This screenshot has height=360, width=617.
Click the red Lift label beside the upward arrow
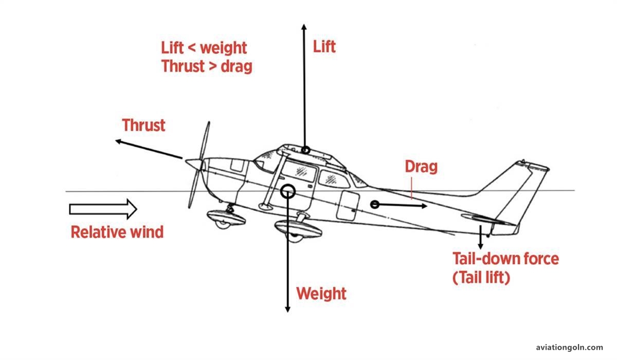(x=324, y=47)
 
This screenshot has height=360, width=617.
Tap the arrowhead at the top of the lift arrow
(x=304, y=27)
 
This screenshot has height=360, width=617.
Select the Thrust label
(x=143, y=125)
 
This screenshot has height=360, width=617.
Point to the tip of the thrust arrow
(x=116, y=141)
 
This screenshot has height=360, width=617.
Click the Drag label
(x=421, y=167)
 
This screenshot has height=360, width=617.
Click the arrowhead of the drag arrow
(x=425, y=206)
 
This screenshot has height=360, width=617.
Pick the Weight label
(x=321, y=294)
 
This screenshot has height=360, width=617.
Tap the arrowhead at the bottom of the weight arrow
(x=287, y=309)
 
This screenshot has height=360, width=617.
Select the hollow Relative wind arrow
(x=103, y=209)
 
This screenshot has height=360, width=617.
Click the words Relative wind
(x=117, y=232)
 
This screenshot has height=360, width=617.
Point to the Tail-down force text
(x=506, y=259)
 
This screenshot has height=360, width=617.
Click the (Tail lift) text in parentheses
(x=481, y=278)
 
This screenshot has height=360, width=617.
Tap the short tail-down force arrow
(x=480, y=237)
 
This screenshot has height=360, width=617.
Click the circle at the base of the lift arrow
(x=305, y=150)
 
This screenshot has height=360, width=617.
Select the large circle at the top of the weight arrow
(x=287, y=191)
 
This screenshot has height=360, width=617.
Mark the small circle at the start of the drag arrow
(x=375, y=204)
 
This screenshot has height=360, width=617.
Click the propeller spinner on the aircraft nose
(x=194, y=164)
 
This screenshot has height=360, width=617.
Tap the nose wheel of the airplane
(x=224, y=224)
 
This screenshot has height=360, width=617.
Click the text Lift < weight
(x=204, y=48)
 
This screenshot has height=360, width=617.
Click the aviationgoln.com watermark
(x=569, y=347)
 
